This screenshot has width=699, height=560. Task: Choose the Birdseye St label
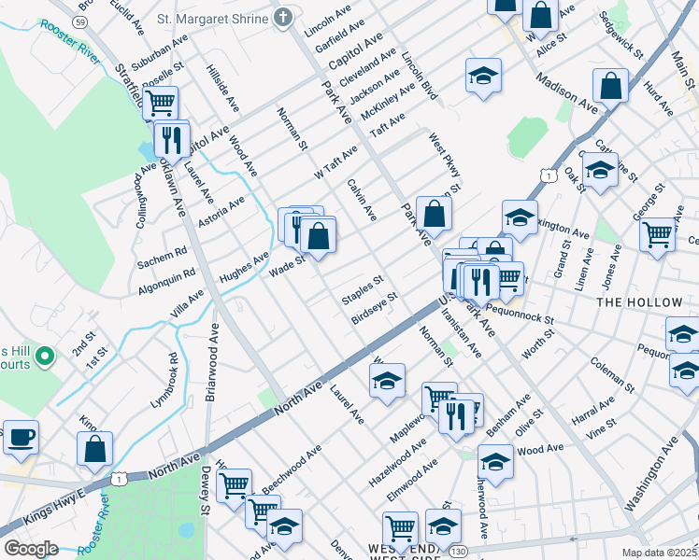[x=375, y=308]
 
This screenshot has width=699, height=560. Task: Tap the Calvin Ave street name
[x=361, y=200]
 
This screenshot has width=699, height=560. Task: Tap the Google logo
[x=31, y=549]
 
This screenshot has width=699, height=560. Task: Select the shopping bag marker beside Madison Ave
[x=609, y=86]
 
